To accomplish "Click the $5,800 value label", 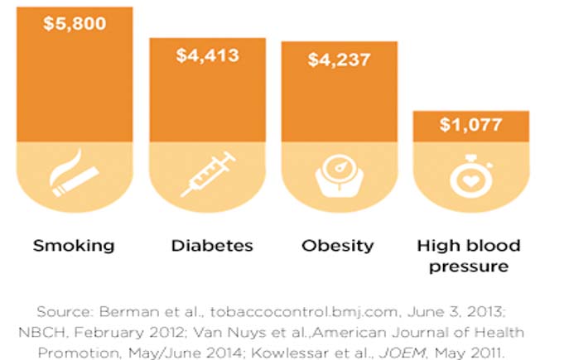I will (74, 23).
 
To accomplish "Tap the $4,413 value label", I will (206, 55).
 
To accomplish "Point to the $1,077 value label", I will (470, 126).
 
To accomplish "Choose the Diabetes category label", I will (210, 246).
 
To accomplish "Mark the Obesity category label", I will (340, 246).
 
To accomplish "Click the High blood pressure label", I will (469, 256).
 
